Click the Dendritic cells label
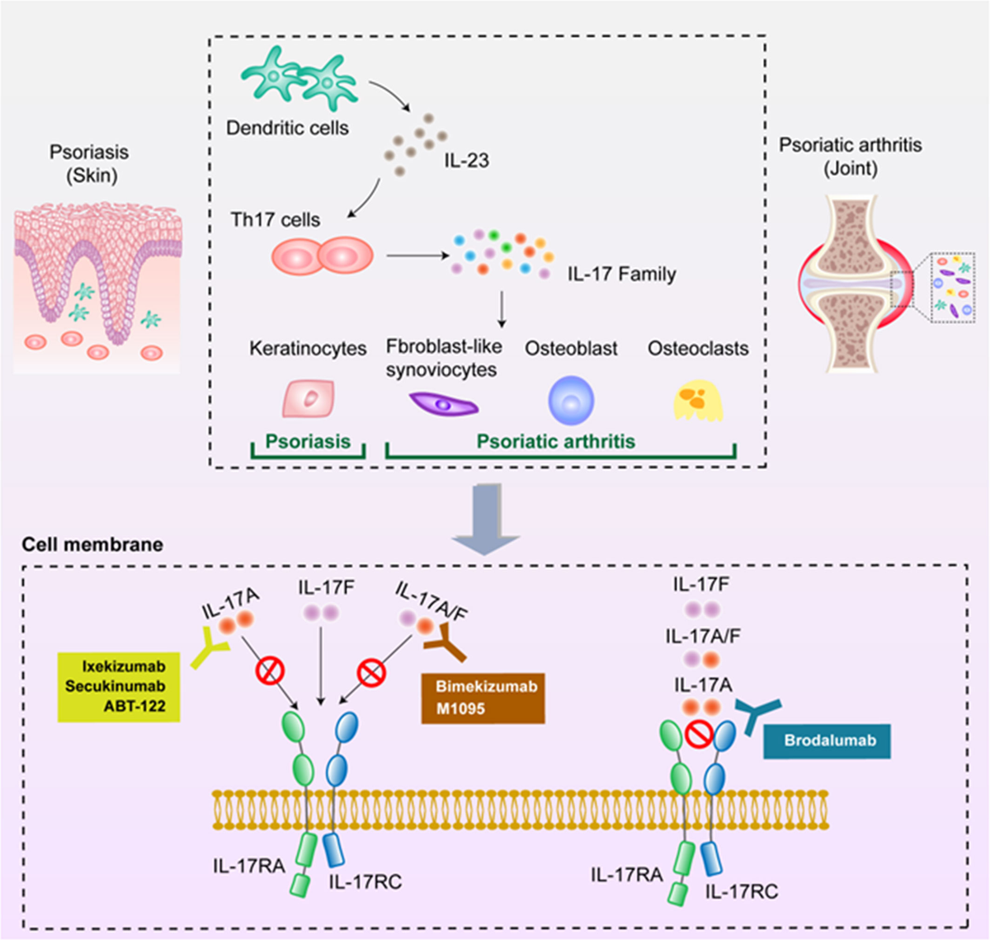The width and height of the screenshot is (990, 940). pyautogui.click(x=287, y=128)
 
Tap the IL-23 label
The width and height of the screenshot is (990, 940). pyautogui.click(x=466, y=161)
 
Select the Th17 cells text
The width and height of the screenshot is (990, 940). pyautogui.click(x=275, y=220)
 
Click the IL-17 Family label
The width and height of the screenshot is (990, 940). pyautogui.click(x=621, y=274)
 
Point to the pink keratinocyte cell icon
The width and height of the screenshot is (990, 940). pyautogui.click(x=309, y=399)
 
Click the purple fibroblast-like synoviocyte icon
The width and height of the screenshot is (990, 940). pyautogui.click(x=444, y=404)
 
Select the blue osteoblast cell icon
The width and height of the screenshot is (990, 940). pyautogui.click(x=571, y=399)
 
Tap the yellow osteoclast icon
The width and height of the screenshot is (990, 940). pyautogui.click(x=698, y=402)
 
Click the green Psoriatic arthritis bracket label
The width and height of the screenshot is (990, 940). pyautogui.click(x=555, y=441)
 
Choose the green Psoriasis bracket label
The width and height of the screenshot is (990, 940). pyautogui.click(x=308, y=441)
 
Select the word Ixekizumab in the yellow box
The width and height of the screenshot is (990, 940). pyautogui.click(x=124, y=666)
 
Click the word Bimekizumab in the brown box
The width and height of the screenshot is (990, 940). pyautogui.click(x=486, y=686)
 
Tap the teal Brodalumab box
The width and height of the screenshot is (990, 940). pyautogui.click(x=829, y=740)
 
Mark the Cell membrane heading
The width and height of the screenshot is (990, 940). pyautogui.click(x=92, y=545)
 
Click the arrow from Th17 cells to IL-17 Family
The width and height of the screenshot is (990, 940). pyautogui.click(x=412, y=256)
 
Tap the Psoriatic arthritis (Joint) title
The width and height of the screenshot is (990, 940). pyautogui.click(x=851, y=157)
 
